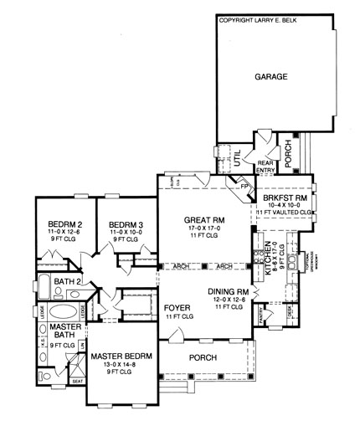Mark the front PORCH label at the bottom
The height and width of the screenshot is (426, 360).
pyautogui.click(x=203, y=358)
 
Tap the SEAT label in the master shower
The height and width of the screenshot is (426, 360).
pyautogui.click(x=79, y=403)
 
